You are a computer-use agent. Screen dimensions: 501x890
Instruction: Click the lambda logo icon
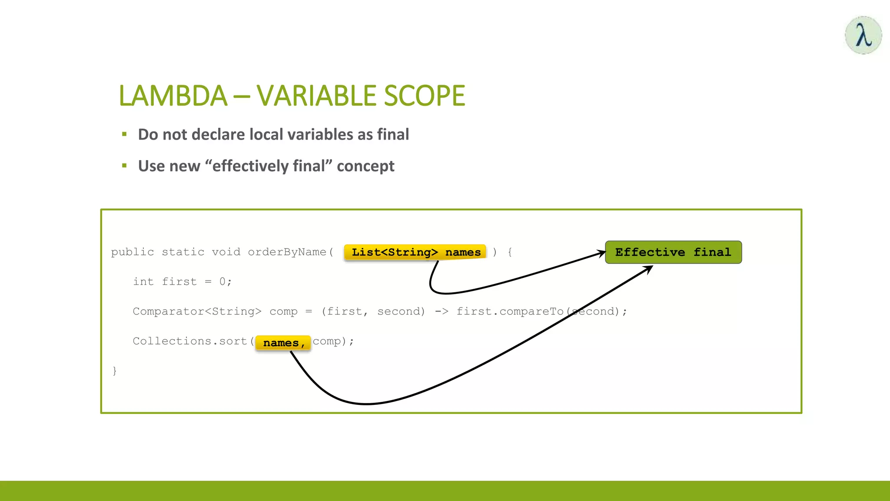[x=863, y=35]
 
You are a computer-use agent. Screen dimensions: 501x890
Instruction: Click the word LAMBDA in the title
[x=173, y=96]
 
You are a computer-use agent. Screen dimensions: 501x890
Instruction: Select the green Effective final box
[x=673, y=252]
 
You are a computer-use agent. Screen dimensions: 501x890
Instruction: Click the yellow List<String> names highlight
[x=415, y=252]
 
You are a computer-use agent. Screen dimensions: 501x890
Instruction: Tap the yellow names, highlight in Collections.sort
[x=283, y=343]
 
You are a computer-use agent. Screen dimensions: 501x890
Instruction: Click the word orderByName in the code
[x=287, y=252]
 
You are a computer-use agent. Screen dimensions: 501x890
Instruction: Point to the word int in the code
[x=143, y=282]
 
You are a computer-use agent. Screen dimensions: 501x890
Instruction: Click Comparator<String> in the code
[x=197, y=311]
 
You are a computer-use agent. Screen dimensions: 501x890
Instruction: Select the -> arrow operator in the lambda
[x=442, y=311]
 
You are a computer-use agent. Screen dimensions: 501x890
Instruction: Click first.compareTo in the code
[x=509, y=311]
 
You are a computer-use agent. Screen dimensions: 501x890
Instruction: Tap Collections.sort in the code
[x=190, y=341]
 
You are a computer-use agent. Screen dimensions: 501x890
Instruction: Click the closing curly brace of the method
[x=115, y=371]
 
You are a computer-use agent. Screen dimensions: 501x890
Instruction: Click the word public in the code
[x=133, y=252]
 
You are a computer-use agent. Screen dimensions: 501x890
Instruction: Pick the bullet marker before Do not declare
[x=124, y=134]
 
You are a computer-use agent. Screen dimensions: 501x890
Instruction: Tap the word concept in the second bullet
[x=365, y=166]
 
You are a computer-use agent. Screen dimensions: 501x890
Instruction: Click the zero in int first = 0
[x=222, y=282]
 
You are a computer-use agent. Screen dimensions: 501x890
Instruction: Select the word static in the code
[x=183, y=252]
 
